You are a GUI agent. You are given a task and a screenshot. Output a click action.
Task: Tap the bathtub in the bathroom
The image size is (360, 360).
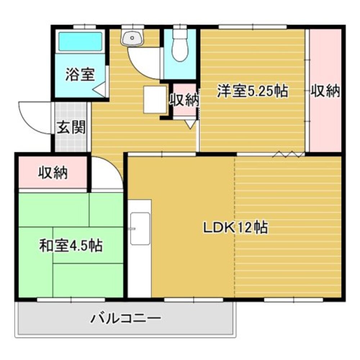(x=80, y=42)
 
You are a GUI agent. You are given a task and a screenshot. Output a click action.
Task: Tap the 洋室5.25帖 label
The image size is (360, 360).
(x=252, y=91)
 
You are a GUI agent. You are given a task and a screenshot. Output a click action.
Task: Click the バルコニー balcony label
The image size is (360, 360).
(x=126, y=318)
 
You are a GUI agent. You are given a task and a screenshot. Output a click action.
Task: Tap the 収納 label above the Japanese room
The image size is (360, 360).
(x=53, y=173)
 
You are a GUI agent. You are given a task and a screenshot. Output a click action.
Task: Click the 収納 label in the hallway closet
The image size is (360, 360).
(x=184, y=100)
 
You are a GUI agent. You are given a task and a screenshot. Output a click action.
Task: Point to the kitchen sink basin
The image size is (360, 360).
(x=140, y=228)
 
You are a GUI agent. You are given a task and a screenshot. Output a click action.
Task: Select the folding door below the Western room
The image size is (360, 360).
(x=288, y=154)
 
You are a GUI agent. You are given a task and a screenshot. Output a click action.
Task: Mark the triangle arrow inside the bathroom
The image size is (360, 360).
(x=100, y=89)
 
